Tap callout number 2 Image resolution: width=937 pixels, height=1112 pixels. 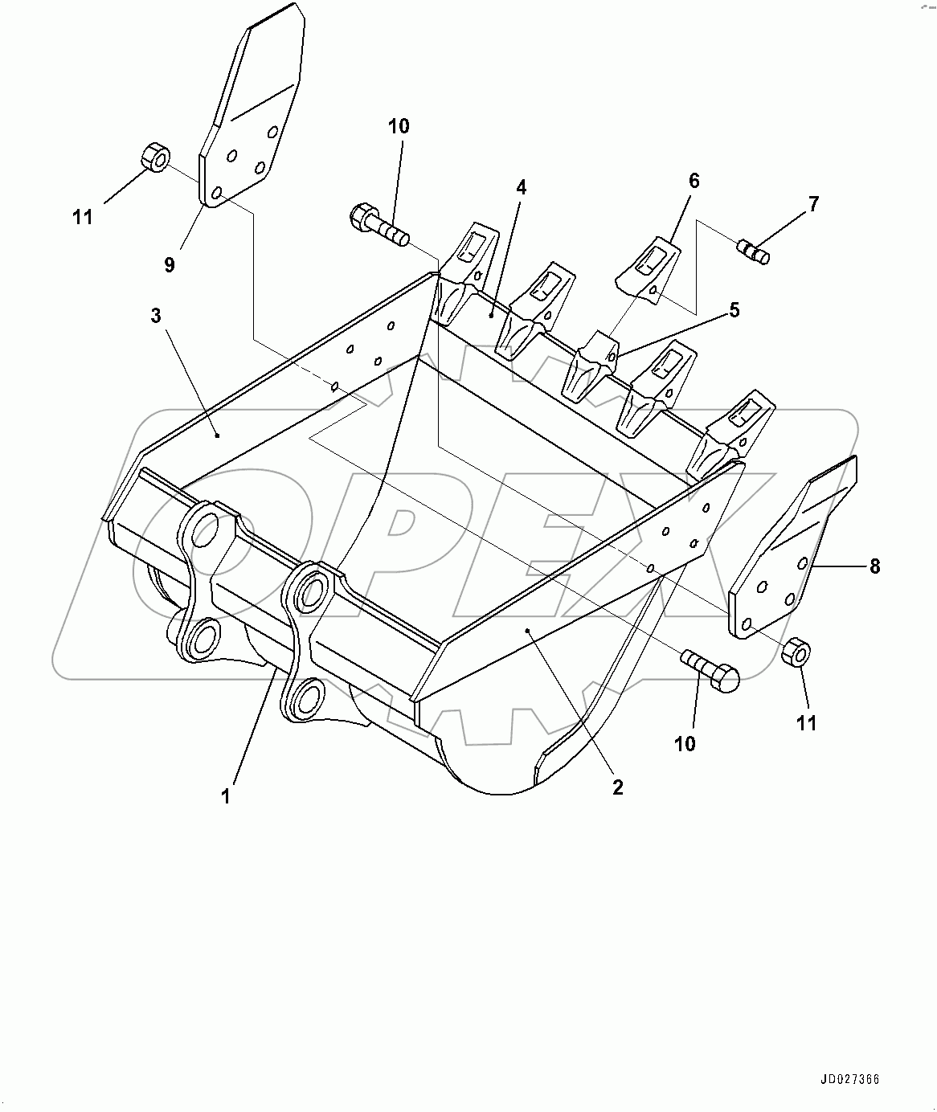point(617,787)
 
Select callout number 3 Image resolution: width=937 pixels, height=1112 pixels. point(156,316)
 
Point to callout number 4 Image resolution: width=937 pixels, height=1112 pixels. point(522,188)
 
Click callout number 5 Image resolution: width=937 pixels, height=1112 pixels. point(734,310)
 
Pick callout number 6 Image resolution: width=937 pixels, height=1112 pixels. point(694,181)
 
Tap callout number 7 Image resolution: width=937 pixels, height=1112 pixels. point(813,204)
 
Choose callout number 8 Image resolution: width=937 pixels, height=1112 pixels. point(874,566)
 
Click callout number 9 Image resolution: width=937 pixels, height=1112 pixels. point(170,264)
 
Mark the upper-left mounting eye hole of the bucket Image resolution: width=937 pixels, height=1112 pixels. point(206,529)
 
